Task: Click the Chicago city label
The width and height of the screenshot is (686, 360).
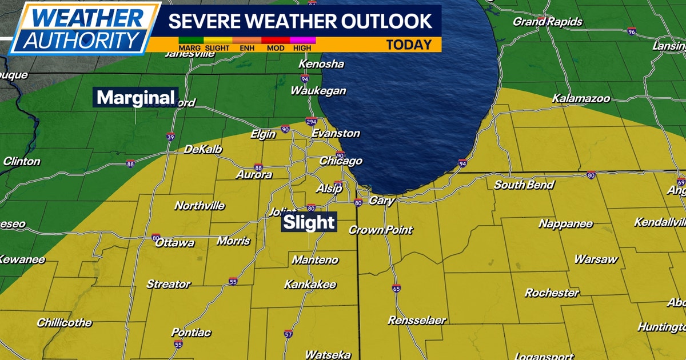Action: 340,161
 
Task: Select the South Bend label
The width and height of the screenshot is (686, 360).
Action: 524,185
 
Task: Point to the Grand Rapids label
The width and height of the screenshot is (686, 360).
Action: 539,22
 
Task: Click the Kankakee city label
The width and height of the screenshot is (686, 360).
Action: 310,285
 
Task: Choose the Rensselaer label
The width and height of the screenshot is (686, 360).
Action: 417,320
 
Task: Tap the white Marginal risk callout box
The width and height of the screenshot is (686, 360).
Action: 135,98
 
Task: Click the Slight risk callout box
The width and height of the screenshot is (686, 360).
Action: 309,222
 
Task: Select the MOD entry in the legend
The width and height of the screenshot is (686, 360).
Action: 276,48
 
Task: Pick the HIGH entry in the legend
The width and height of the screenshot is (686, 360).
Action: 302,48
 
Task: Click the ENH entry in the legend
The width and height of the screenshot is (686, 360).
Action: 247,48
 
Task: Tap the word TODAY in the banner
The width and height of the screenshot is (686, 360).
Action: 409,45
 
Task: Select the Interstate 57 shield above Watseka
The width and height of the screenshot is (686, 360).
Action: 288,334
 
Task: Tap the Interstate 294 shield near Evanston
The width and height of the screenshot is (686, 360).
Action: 311,122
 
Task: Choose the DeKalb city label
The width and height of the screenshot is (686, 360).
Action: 202,150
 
